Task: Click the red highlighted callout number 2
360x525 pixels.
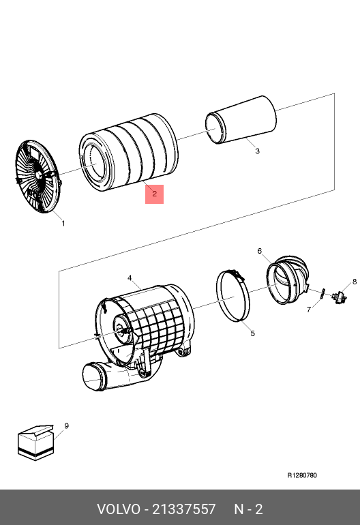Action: click(x=154, y=194)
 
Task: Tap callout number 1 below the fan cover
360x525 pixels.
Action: click(x=63, y=224)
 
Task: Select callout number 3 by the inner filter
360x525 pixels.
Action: click(x=257, y=151)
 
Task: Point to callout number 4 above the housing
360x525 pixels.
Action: click(x=130, y=278)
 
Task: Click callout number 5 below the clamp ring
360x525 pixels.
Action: click(x=252, y=333)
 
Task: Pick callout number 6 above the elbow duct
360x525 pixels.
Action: click(x=260, y=251)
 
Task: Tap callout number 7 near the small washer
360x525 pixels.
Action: click(x=309, y=310)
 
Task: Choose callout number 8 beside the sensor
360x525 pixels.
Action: click(x=355, y=282)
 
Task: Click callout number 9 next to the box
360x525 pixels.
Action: click(x=66, y=426)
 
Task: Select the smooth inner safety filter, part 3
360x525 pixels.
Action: click(x=241, y=120)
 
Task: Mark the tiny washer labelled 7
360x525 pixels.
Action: click(x=322, y=294)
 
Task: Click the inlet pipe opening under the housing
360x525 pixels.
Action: click(x=94, y=377)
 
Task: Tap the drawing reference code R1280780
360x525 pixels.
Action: click(x=302, y=475)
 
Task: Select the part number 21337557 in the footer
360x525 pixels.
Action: click(x=184, y=509)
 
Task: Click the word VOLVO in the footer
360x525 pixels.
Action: click(x=119, y=509)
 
